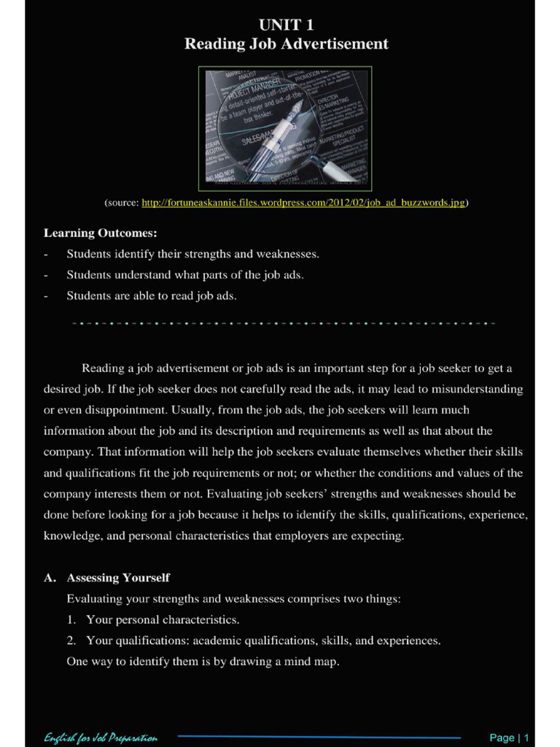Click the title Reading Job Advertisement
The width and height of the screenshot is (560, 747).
pos(286,44)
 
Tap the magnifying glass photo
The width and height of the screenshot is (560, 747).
pos(286,128)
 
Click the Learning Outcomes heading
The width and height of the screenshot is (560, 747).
pos(100,233)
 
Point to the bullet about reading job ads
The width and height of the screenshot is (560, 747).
pos(152,296)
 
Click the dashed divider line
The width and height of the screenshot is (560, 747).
pos(284,322)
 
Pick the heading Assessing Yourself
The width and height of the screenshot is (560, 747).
pos(118,578)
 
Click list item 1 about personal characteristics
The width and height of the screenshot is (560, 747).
pos(163,620)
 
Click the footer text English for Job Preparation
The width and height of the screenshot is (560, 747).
pos(100,738)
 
